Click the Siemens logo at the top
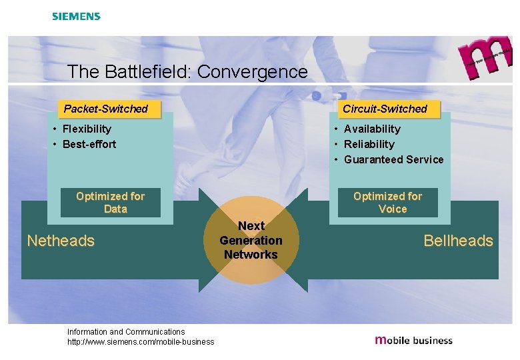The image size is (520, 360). [x=76, y=16]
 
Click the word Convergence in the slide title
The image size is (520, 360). [x=253, y=71]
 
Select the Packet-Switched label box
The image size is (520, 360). [x=106, y=109]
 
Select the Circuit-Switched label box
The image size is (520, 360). [x=385, y=109]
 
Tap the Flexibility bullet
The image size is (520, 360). [x=86, y=129]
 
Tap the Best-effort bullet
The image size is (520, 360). [x=89, y=144]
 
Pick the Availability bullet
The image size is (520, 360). [x=372, y=129]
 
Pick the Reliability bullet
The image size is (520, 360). [x=369, y=144]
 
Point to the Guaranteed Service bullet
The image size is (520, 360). [x=393, y=159]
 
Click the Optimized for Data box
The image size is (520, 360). [x=111, y=203]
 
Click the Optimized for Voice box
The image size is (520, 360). [x=388, y=203]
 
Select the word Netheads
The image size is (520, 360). [x=61, y=241]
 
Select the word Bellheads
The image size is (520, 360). [x=458, y=241]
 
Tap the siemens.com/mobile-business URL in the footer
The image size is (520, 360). [x=141, y=342]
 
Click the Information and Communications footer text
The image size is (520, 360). [x=126, y=331]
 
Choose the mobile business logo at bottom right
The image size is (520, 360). [x=414, y=340]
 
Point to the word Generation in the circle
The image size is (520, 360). [x=251, y=241]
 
